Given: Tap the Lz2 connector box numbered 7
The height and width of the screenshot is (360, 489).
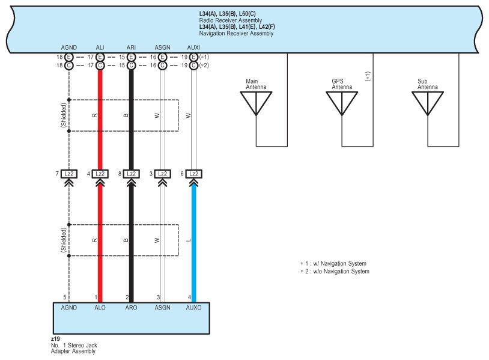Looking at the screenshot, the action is [x=69, y=174].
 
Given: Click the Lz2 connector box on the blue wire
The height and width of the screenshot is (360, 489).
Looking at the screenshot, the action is [x=193, y=174].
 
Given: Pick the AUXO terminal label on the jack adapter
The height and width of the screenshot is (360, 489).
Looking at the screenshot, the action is [x=193, y=308].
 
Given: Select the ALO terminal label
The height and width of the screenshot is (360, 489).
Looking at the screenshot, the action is [x=100, y=308].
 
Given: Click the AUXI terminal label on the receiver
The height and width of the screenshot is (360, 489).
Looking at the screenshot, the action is [x=193, y=47].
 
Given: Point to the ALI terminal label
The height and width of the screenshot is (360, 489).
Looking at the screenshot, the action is [x=100, y=47].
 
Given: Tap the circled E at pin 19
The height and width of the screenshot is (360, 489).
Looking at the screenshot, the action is [x=193, y=57].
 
